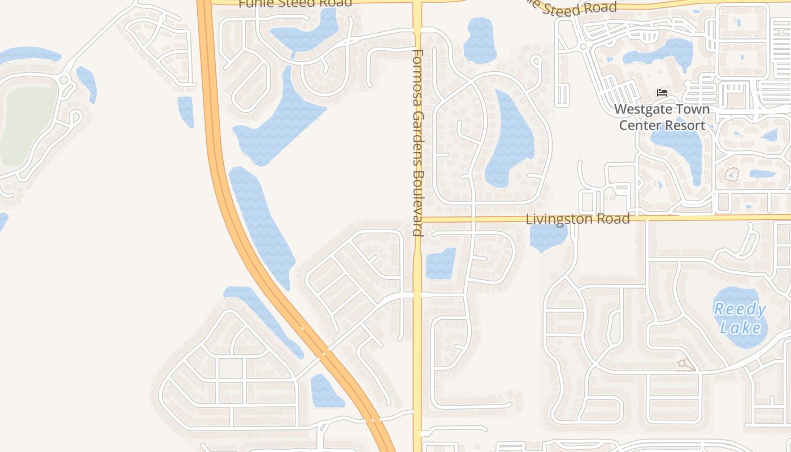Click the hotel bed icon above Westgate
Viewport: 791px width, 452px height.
pos(662,93)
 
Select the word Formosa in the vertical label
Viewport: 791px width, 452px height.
pos(418,79)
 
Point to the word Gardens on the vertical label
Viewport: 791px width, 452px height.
pos(418,136)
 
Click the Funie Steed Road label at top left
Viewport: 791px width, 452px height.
pos(295,3)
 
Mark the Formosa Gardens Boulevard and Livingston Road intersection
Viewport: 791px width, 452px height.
pos(418,219)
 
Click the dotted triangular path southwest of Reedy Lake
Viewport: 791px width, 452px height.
pos(685,366)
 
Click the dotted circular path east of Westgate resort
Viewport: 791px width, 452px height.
pos(732,175)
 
